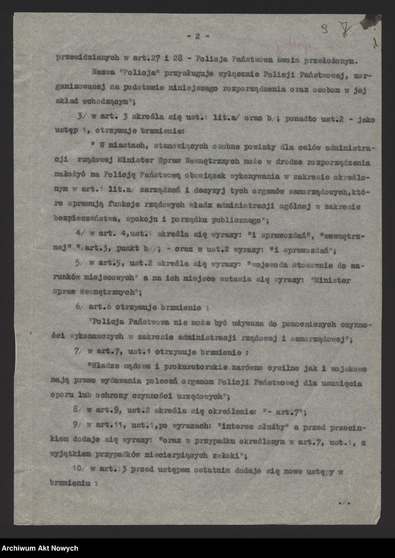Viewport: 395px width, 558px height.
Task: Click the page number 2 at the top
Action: (198, 35)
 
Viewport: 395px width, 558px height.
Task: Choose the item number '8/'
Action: (80, 409)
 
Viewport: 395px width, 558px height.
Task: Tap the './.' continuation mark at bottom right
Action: (344, 504)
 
